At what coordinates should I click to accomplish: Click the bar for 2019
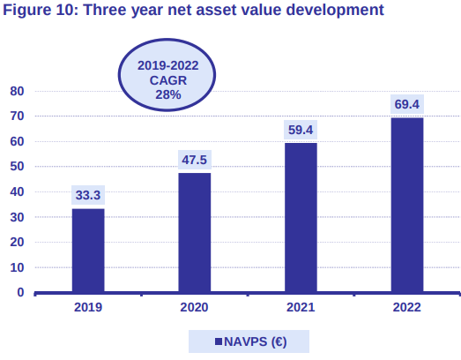point(88,251)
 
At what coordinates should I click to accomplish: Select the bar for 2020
point(195,233)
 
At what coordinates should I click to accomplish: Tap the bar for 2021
point(301,218)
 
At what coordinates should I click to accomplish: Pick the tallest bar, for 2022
point(406,205)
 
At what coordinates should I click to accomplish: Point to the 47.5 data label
point(195,160)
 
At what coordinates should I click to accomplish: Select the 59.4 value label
point(301,130)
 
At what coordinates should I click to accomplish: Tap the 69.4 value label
point(406,104)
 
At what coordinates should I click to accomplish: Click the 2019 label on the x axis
point(88,308)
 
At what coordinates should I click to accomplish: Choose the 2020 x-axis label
point(195,308)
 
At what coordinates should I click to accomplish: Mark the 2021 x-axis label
point(301,308)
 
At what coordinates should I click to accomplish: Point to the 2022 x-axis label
point(406,308)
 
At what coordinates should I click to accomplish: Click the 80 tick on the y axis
point(16,91)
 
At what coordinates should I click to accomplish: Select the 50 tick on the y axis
point(16,167)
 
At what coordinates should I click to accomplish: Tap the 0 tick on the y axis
point(19,293)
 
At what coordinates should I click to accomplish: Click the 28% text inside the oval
point(167,94)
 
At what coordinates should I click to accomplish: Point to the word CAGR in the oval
point(167,79)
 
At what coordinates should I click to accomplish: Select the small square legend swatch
point(218,341)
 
